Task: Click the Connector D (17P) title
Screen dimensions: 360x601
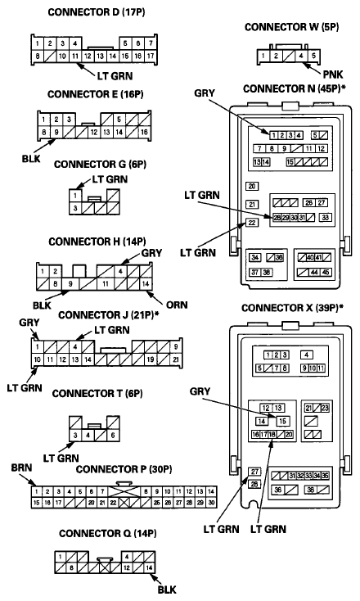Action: click(96, 12)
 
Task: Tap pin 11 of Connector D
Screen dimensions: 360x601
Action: click(75, 56)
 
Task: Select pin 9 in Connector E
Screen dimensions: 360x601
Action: click(56, 132)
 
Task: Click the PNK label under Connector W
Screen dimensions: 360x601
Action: click(333, 75)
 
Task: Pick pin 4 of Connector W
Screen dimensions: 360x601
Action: click(301, 56)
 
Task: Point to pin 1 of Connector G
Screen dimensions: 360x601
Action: click(75, 196)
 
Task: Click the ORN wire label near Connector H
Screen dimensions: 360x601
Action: click(177, 305)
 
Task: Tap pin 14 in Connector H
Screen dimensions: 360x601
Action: click(146, 284)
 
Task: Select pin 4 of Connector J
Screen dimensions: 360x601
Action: click(75, 347)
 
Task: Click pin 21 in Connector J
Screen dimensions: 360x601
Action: click(176, 359)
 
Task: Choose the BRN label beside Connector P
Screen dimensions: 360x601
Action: click(21, 468)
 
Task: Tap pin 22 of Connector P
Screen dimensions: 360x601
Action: click(114, 503)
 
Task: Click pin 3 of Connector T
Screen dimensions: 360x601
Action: click(75, 435)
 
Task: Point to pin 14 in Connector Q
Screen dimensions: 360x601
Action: click(150, 567)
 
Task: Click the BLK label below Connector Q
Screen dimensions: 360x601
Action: click(167, 589)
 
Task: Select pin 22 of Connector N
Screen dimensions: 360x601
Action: click(252, 223)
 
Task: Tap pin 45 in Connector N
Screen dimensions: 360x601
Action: click(326, 273)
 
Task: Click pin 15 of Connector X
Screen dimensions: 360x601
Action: click(282, 421)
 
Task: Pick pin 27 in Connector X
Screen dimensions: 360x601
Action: click(254, 472)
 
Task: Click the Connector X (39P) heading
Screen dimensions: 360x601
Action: click(292, 308)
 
